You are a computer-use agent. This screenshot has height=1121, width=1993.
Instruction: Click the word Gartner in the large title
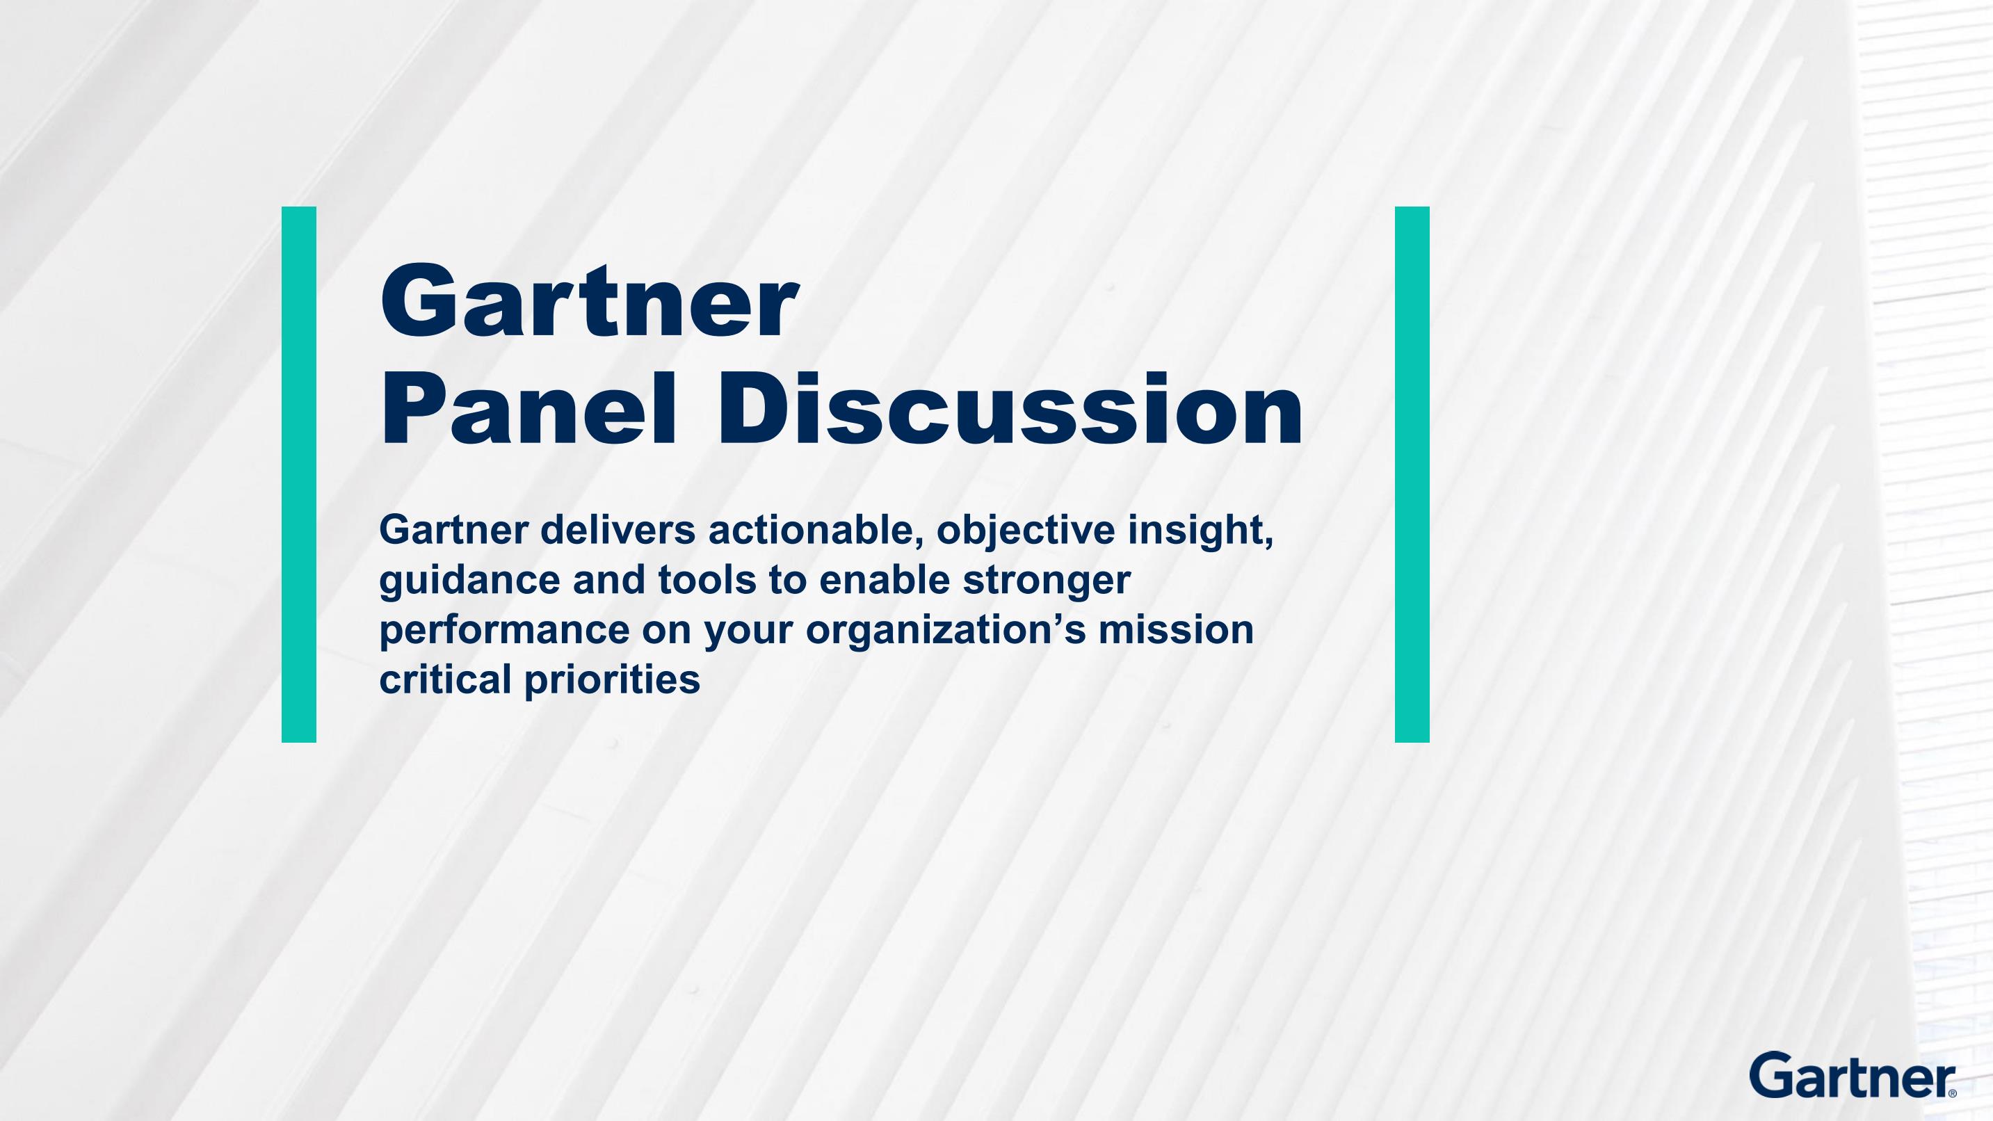[x=589, y=302]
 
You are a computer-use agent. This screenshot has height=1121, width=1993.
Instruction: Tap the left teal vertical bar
[x=298, y=474]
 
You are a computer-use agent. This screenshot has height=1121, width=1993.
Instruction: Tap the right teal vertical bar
[x=1412, y=474]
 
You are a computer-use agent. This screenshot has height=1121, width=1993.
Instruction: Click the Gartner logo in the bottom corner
[x=1853, y=1074]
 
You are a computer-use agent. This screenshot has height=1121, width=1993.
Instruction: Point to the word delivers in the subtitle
[x=618, y=530]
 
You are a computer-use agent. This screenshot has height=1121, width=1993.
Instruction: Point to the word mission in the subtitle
[x=1176, y=630]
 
